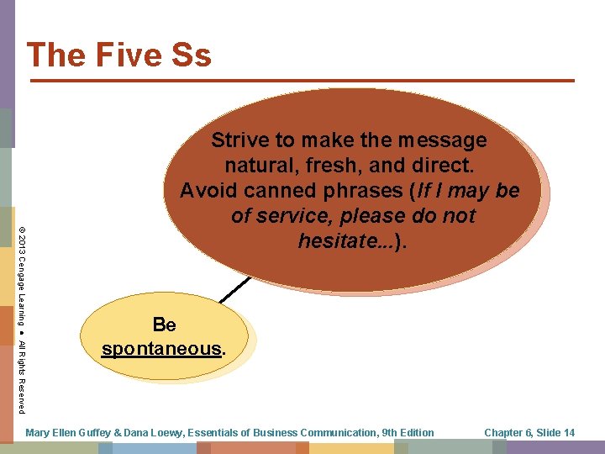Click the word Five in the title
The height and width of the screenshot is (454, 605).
pyautogui.click(x=124, y=55)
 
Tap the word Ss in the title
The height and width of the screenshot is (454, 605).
pyautogui.click(x=189, y=55)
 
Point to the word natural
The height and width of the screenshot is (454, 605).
pyautogui.click(x=257, y=166)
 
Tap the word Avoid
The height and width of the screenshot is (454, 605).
pyautogui.click(x=207, y=191)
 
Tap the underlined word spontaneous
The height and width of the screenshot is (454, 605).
pyautogui.click(x=161, y=348)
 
